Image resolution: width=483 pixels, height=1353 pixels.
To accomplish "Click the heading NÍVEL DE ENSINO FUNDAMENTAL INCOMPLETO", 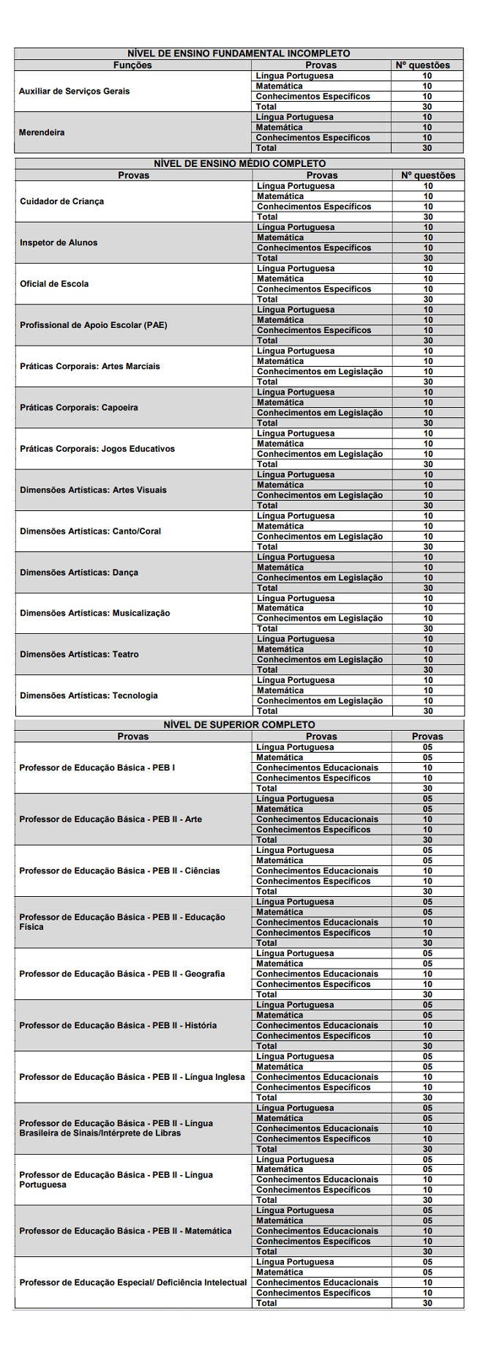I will (x=239, y=53).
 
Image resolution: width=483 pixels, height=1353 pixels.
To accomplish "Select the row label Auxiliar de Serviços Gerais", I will (x=74, y=92).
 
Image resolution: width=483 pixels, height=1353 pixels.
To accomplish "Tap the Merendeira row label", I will (x=42, y=133).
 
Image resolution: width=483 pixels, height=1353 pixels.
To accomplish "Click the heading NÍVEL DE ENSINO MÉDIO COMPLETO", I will (x=239, y=163).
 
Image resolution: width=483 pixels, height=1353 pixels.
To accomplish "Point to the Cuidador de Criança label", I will (x=61, y=201).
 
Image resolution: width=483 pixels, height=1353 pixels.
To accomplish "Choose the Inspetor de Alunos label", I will (x=59, y=242).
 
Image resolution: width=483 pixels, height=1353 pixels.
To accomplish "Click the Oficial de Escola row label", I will (x=54, y=284).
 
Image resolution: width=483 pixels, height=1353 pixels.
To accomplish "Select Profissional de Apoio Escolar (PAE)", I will (x=93, y=325).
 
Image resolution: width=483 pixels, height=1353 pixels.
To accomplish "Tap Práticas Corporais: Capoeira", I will (x=78, y=408).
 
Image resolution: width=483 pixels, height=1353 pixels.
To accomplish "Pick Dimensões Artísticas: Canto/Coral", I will (x=90, y=532).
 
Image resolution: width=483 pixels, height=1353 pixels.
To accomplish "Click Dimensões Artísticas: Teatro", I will (x=79, y=655).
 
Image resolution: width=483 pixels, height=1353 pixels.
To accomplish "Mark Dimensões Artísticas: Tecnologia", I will (x=89, y=696).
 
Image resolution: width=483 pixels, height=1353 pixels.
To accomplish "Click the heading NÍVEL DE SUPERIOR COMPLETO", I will (x=239, y=725).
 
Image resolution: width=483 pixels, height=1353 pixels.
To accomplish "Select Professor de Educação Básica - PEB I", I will (x=97, y=768).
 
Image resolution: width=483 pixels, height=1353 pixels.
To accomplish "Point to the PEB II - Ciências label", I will (x=119, y=871).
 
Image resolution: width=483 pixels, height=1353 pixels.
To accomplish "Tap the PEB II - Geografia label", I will (x=121, y=974).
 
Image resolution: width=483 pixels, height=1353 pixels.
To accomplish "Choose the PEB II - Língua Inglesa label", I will (x=132, y=1077).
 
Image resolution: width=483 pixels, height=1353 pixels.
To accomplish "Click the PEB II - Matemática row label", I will (x=125, y=1231).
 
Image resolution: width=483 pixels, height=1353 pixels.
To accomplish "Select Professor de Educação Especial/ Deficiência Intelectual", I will (x=133, y=1282).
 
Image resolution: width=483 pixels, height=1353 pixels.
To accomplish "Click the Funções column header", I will (x=132, y=65).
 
